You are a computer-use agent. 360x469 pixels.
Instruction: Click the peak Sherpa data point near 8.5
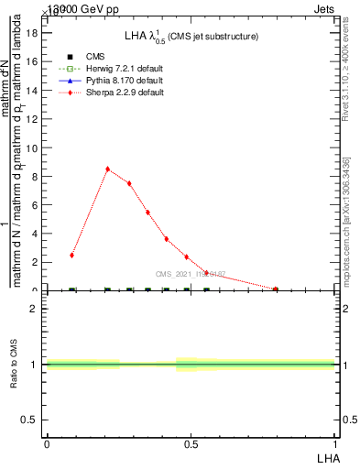pos(108,169)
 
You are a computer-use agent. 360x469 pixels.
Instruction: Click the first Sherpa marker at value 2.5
pos(71,255)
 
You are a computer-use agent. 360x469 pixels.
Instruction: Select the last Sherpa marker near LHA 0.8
pos(276,289)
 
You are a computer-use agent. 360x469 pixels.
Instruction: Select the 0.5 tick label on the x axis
pos(191,445)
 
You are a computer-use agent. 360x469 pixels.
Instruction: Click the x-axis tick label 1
pos(335,445)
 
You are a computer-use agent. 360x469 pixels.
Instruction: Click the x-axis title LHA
pos(327,458)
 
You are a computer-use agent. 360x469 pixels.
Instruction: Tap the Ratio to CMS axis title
pos(14,364)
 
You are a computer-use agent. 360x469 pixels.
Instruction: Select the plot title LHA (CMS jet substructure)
pos(191,37)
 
